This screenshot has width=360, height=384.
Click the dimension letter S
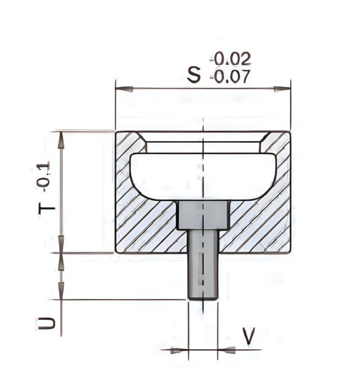[194, 75]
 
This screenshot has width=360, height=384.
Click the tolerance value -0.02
[230, 59]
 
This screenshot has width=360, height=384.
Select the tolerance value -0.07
[230, 77]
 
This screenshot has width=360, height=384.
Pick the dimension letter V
[248, 336]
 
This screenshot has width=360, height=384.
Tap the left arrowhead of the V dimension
[179, 350]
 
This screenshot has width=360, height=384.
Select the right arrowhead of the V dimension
[227, 350]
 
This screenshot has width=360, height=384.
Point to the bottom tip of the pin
[202, 297]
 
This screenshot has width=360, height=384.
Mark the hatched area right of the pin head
[259, 225]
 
